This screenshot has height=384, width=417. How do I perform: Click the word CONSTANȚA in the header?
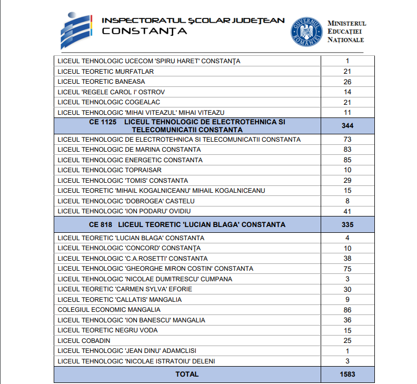144,31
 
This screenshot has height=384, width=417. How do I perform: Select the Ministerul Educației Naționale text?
346,32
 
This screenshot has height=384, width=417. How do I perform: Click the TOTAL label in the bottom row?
187,375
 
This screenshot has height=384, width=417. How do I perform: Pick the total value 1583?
347,375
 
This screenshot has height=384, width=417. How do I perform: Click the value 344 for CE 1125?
347,125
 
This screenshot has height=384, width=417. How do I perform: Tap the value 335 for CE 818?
347,225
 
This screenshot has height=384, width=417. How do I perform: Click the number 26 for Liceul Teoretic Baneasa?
347,82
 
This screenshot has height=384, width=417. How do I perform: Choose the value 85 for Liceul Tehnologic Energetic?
347,160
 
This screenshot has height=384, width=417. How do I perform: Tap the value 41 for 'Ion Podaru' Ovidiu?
347,211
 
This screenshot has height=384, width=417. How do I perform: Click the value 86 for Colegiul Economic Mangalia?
347,310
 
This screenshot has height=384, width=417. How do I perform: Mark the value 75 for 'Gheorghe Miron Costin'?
347,269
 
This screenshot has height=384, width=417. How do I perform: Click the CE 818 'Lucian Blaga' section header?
187,225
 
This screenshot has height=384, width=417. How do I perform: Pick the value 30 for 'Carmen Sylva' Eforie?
347,290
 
